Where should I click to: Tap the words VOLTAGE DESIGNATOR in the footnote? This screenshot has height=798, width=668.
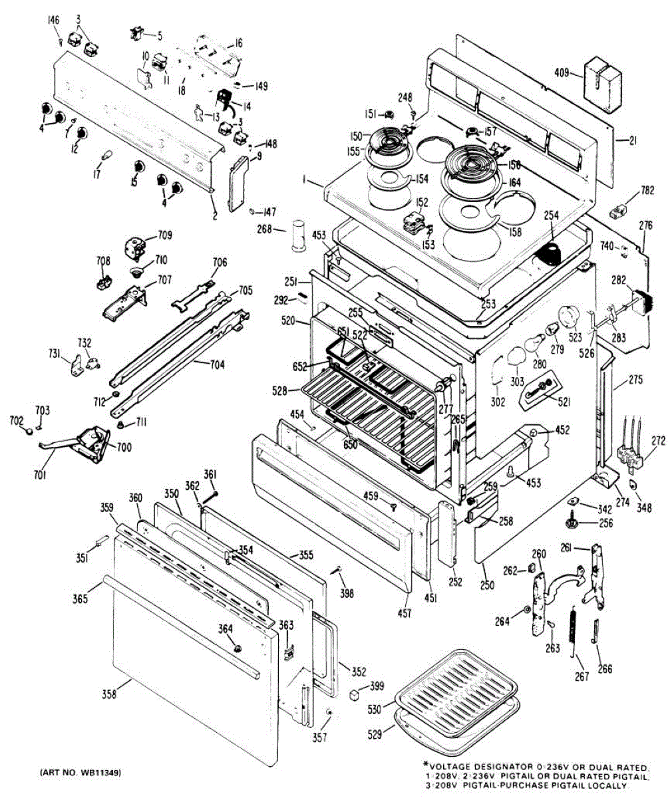click(x=483, y=765)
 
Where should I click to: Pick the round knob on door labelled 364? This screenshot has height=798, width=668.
click(x=237, y=648)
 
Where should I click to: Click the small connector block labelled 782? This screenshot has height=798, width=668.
click(x=618, y=212)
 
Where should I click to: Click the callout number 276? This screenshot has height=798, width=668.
click(x=646, y=226)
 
